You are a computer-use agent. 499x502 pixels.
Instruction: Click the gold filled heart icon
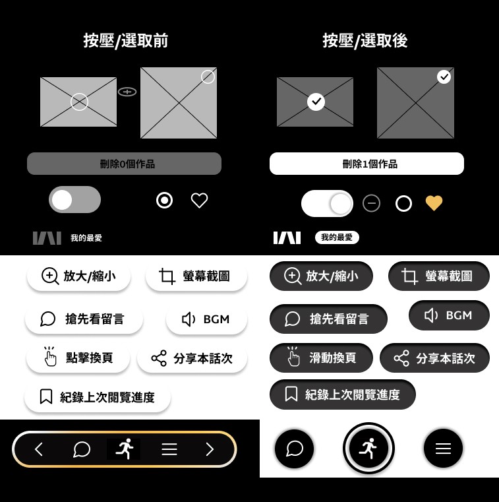point(434,203)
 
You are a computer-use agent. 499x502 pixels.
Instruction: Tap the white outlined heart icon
point(199,201)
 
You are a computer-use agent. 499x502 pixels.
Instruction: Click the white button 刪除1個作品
point(367,164)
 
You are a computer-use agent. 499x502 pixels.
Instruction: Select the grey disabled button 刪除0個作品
point(124,164)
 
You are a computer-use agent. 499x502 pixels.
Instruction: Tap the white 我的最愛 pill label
point(337,237)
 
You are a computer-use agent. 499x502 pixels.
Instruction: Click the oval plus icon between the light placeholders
point(127,92)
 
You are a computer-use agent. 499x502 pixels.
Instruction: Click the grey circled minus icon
point(371,203)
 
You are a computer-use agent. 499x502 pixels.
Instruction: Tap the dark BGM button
point(449,315)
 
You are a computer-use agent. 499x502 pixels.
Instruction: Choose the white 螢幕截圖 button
point(196,276)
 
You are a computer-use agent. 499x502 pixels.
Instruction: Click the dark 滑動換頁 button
point(321,358)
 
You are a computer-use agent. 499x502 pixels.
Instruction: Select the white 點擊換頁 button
point(78,358)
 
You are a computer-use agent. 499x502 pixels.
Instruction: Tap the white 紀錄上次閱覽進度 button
point(98,397)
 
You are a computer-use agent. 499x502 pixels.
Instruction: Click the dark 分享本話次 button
point(434,358)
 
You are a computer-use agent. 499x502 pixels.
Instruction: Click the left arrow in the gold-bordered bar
point(39,449)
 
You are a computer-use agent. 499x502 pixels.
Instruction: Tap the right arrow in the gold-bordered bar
point(210,449)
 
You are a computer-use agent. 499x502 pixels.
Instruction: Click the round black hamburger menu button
point(443,448)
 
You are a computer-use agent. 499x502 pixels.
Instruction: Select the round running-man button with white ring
point(368,448)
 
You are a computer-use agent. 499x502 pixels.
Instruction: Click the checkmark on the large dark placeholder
point(444,77)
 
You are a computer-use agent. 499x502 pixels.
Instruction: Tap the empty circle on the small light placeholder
point(79,102)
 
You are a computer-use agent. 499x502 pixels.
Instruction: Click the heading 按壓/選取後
point(365,41)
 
